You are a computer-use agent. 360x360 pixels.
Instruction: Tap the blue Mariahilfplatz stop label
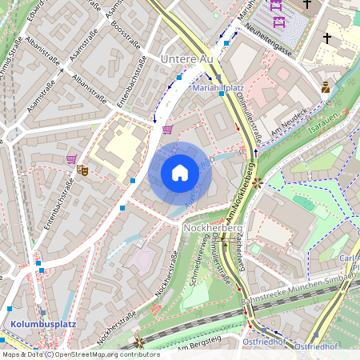(219, 88)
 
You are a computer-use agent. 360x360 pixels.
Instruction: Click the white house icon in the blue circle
(180, 172)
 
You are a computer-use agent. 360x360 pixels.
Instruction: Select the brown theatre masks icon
(82, 169)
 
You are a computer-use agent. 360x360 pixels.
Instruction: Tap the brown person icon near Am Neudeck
(325, 88)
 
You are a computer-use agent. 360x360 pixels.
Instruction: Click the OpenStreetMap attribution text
(70, 354)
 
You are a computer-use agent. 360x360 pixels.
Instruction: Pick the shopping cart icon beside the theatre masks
(71, 159)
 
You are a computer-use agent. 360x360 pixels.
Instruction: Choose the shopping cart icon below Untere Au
(166, 129)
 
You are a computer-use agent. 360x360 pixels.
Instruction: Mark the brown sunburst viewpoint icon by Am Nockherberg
(257, 182)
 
